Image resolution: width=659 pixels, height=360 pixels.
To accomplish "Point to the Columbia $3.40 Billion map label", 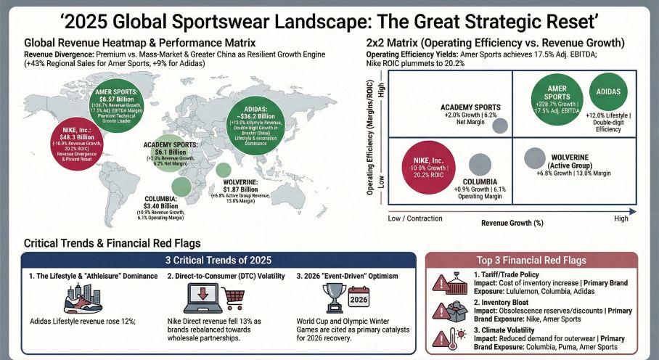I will (164, 206).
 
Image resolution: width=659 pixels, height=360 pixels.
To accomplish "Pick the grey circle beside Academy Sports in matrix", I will (500, 125).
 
